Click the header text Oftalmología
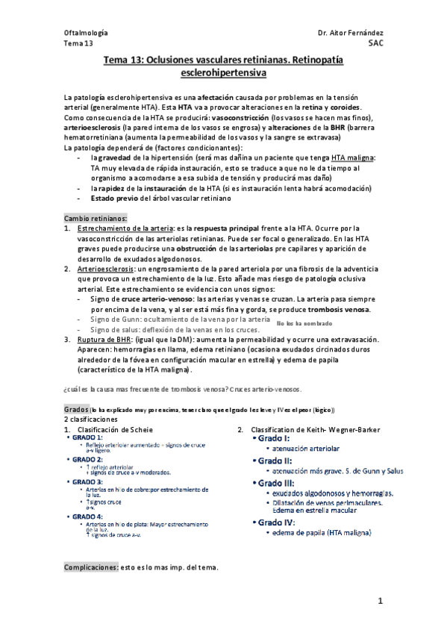click(x=86, y=34)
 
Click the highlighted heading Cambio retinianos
click(x=96, y=217)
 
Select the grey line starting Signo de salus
click(x=174, y=329)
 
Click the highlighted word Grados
click(x=77, y=410)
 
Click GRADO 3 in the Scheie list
click(x=88, y=482)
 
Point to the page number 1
click(x=380, y=601)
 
